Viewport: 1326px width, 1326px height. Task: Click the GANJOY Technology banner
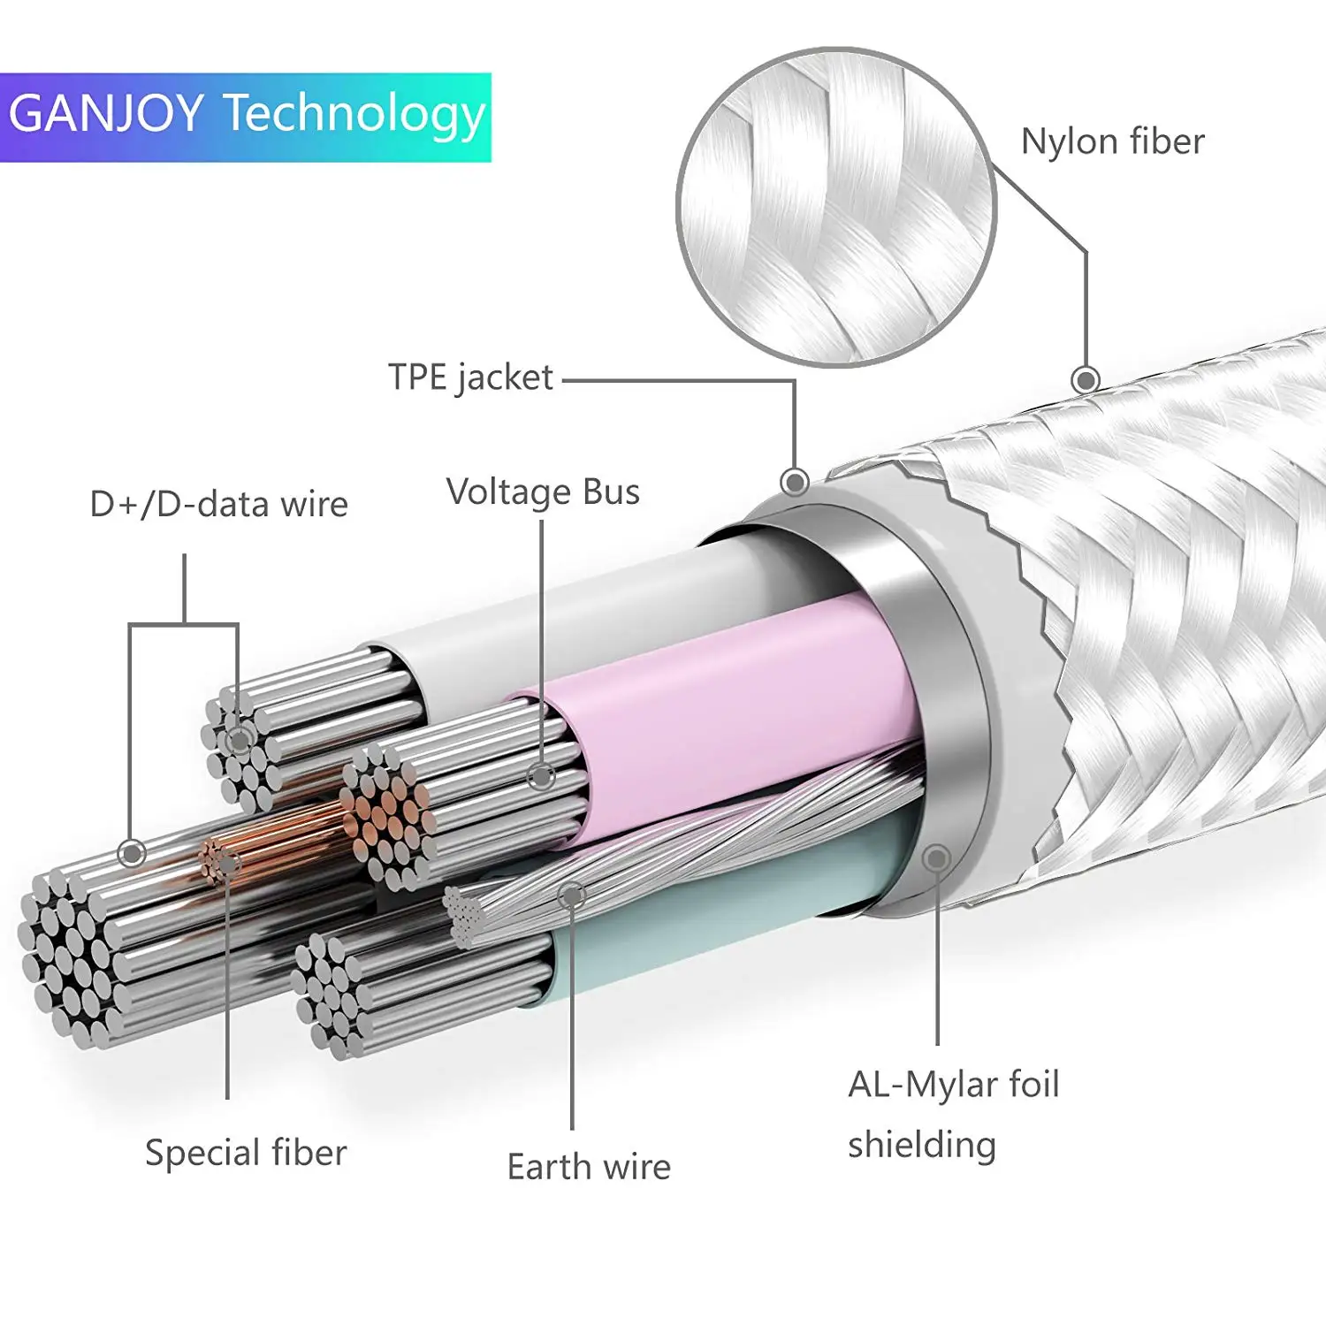coord(246,117)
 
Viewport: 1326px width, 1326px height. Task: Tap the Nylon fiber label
coord(1112,141)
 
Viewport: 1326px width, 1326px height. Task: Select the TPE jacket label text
coord(470,377)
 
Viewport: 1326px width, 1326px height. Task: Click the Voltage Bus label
coord(543,492)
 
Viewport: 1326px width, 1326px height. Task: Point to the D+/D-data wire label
coord(219,504)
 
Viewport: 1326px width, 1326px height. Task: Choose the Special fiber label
coord(246,1153)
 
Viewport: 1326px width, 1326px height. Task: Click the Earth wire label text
coord(589,1167)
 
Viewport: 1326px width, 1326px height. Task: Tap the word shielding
coord(922,1145)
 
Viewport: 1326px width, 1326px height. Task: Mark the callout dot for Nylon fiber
coord(1086,380)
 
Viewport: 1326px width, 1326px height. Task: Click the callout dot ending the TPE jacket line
coord(795,482)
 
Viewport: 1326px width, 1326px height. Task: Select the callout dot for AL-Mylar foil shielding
coord(936,857)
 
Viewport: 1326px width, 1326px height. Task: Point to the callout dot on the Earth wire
coord(572,895)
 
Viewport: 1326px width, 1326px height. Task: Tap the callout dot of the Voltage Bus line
coord(542,777)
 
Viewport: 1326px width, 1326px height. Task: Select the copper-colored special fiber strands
coord(283,840)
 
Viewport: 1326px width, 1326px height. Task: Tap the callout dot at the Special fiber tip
coord(228,863)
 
